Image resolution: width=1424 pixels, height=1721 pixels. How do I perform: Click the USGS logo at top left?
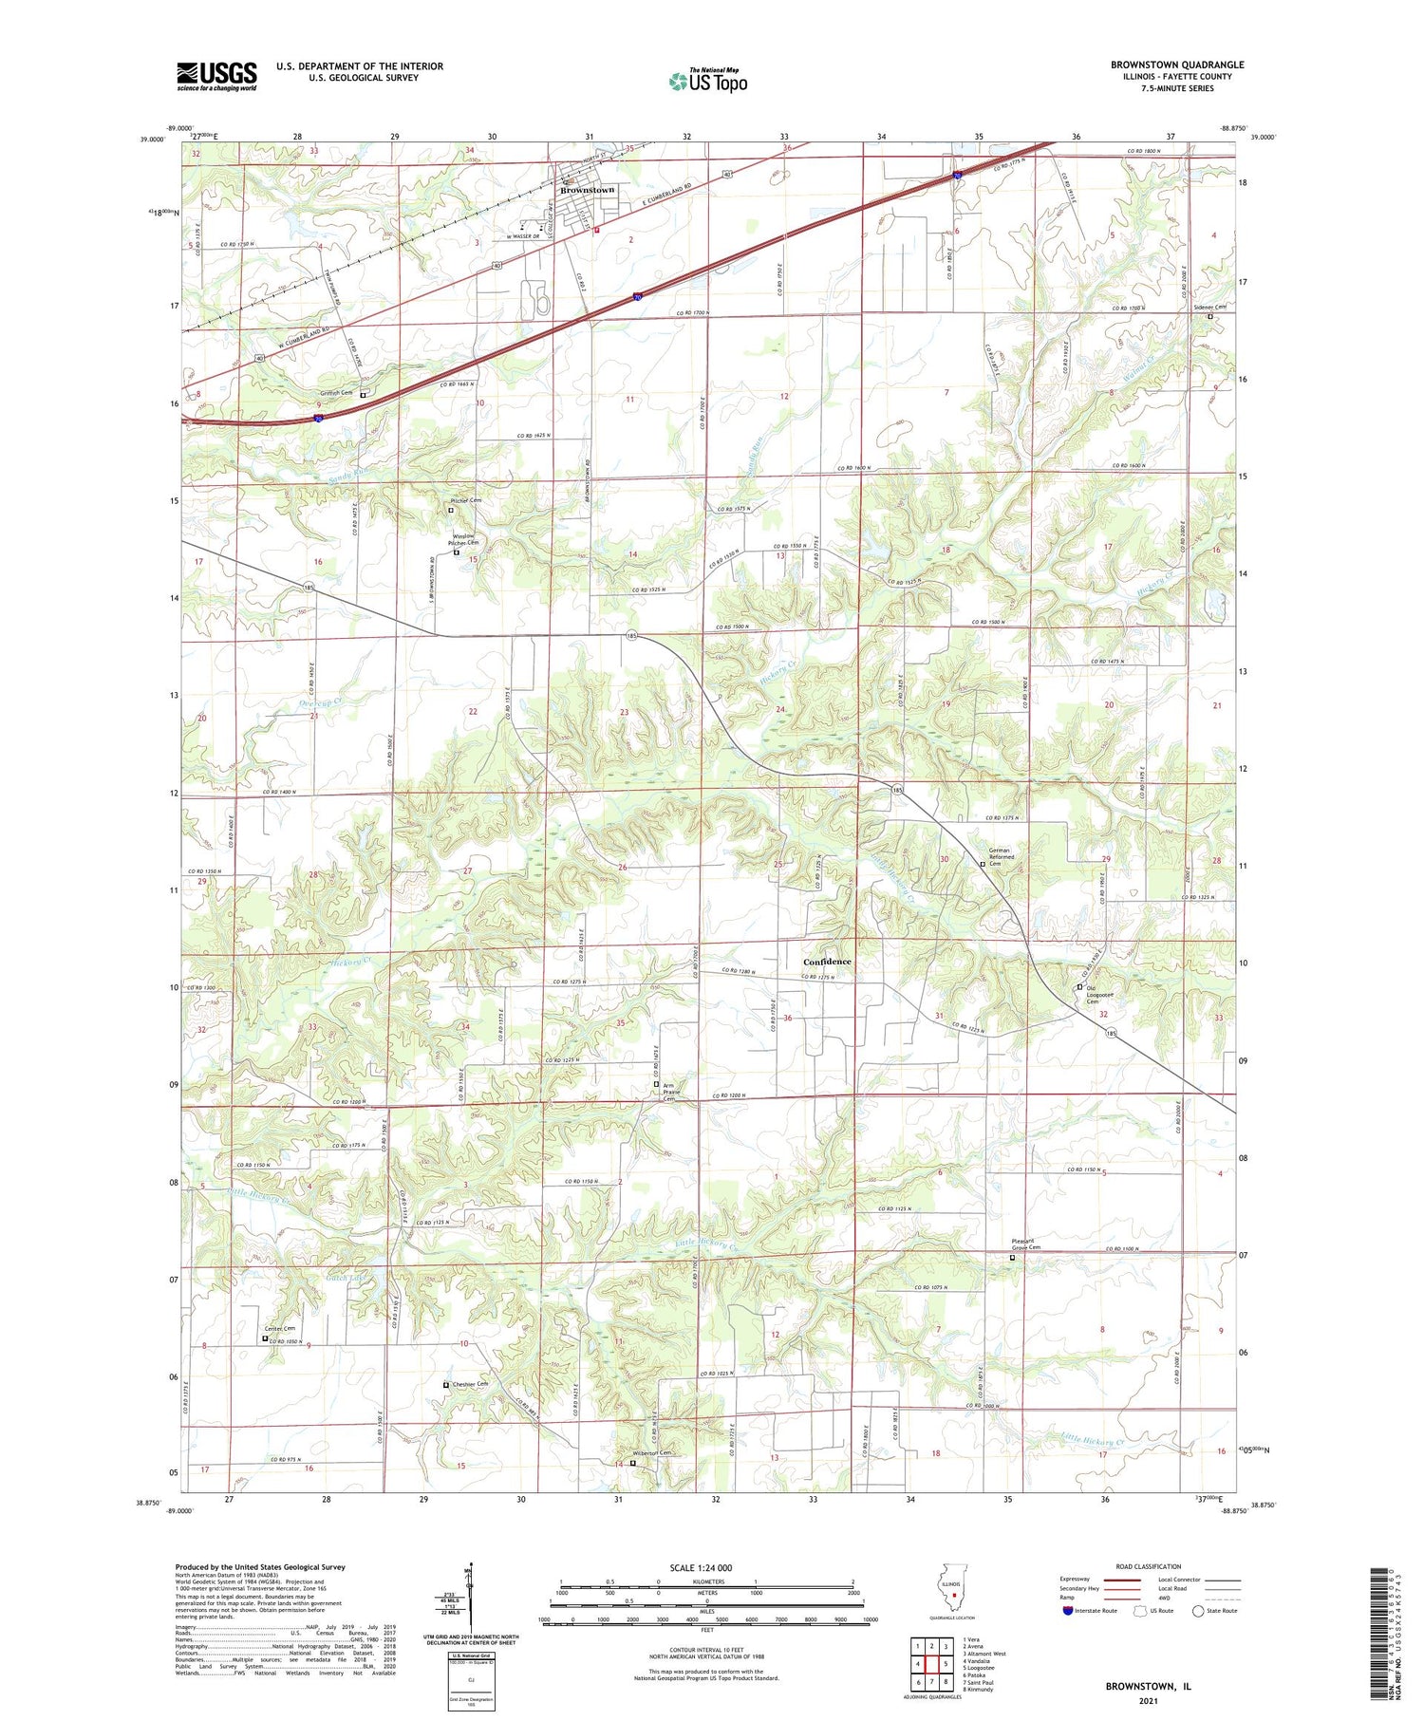[x=216, y=76]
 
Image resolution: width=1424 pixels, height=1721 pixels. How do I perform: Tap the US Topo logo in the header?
[x=708, y=81]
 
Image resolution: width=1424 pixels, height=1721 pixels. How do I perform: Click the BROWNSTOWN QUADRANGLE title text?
[x=1176, y=65]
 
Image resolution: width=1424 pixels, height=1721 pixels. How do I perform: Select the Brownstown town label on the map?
[x=587, y=190]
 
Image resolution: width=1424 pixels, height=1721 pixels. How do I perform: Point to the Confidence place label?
[x=827, y=962]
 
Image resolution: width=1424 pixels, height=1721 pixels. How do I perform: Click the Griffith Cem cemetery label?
[x=334, y=392]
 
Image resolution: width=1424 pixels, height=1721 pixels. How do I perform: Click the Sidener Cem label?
[x=1209, y=308]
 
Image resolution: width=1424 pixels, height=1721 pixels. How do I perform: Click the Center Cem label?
[x=279, y=1328]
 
